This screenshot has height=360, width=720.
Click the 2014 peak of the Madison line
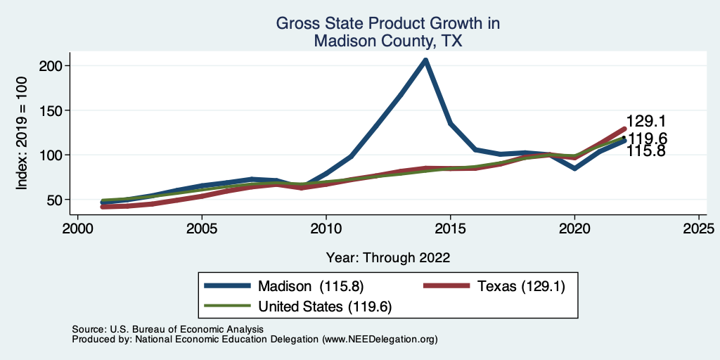coord(425,60)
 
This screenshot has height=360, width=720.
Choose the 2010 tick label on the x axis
coord(326,229)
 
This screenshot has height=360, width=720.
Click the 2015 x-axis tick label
coord(450,229)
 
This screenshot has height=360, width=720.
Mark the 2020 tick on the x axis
coord(574,229)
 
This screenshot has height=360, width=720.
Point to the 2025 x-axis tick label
coord(698,229)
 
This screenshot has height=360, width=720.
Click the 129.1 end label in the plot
coord(646,122)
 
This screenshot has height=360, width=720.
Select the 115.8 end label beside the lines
coord(646,150)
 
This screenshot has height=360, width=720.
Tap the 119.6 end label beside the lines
coord(646,138)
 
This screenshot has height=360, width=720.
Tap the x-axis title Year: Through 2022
coord(388,257)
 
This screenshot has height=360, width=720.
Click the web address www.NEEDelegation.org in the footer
coord(380,339)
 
